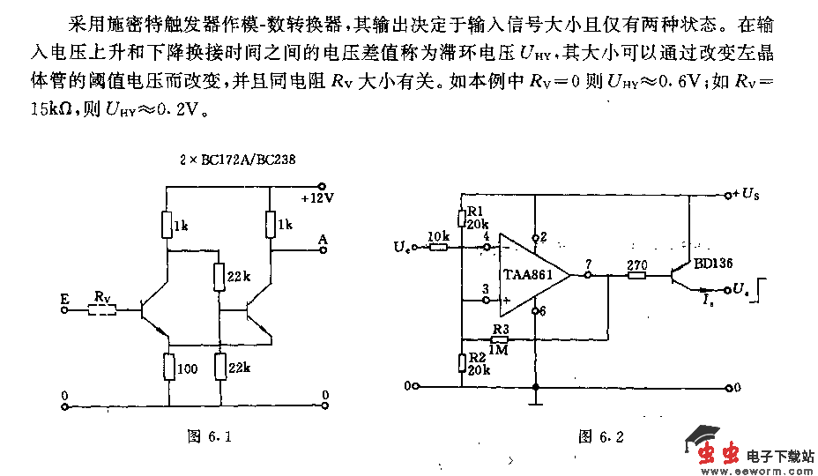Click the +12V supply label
point(318,199)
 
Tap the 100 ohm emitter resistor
point(168,366)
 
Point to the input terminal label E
point(63,300)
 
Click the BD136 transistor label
point(711,263)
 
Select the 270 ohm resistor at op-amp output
point(636,275)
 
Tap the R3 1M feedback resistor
point(501,339)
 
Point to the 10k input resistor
point(438,249)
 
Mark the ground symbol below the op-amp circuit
point(535,401)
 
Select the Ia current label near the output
point(707,302)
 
